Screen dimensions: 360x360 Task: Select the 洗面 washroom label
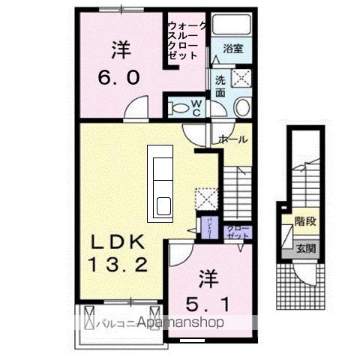(x=220, y=85)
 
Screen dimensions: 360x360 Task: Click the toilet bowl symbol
(x=179, y=108)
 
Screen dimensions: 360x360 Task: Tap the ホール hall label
(x=233, y=139)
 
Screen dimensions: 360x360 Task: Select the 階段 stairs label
(x=305, y=221)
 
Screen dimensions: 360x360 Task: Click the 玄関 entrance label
(x=305, y=248)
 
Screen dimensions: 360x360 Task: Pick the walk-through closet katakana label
(x=183, y=39)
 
